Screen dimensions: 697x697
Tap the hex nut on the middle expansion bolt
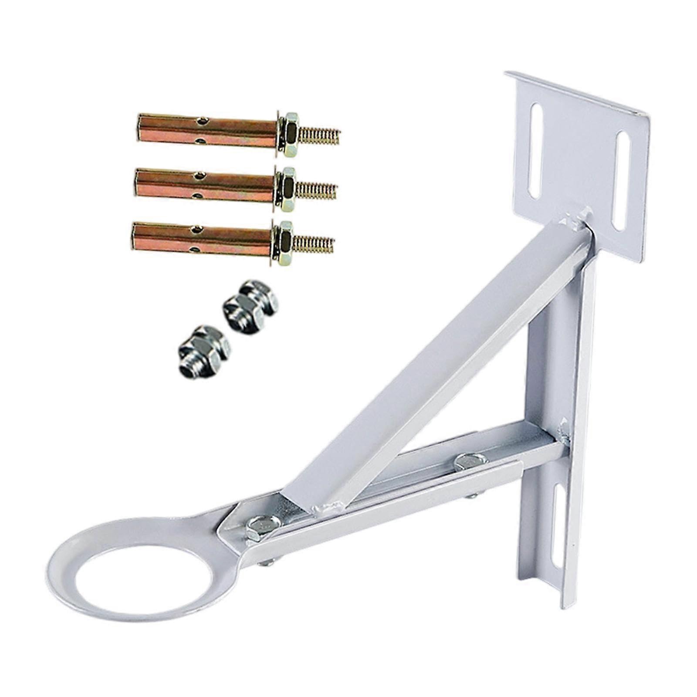click(285, 183)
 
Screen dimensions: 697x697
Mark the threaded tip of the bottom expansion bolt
click(315, 241)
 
